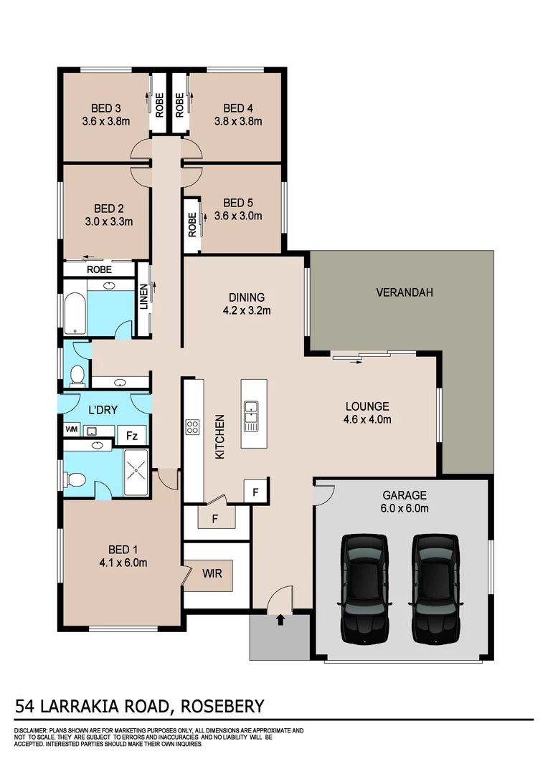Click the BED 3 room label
105,107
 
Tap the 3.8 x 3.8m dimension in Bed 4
237,121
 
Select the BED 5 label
237,202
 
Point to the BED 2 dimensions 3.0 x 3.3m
108,221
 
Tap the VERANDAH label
404,292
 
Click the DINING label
247,297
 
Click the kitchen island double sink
250,416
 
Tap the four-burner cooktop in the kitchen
193,428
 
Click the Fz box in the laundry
132,435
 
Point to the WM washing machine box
71,430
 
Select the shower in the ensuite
136,472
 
